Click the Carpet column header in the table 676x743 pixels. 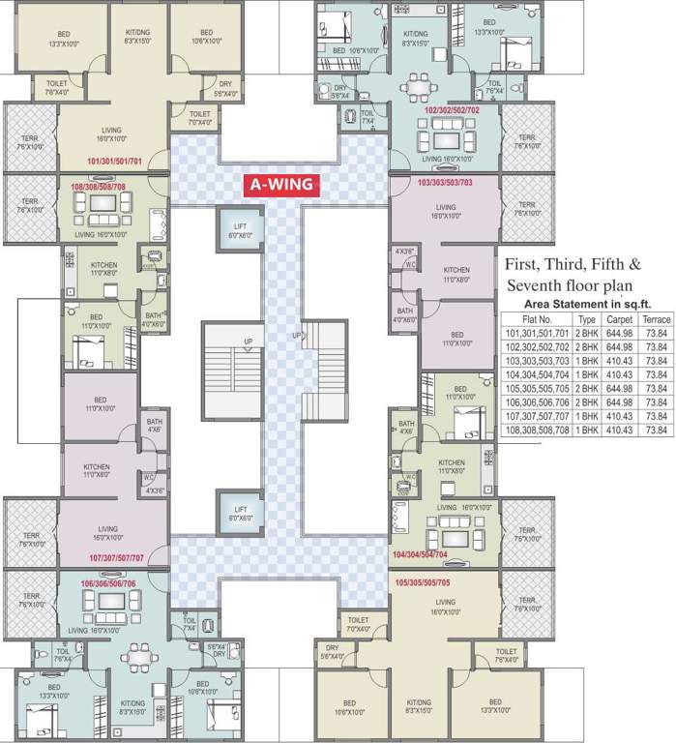(619, 318)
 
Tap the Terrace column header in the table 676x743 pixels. (656, 318)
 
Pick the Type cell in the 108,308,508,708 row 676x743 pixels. (587, 430)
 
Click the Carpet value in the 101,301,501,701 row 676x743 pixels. (619, 333)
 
